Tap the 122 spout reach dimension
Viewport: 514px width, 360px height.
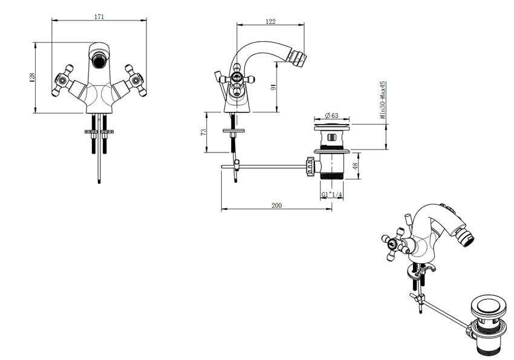point(270,22)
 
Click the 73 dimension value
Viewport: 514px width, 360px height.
point(203,132)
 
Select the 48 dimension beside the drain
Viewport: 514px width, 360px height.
point(356,165)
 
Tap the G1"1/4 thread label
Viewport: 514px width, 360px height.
point(331,194)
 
